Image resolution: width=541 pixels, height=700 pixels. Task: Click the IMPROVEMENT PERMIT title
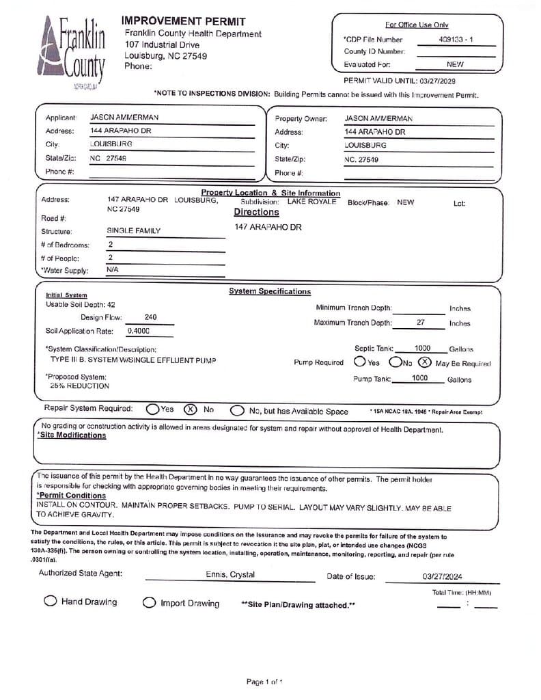[183, 22]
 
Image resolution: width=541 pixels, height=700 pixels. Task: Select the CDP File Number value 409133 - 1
[456, 40]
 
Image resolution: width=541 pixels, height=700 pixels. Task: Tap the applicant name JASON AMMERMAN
[124, 118]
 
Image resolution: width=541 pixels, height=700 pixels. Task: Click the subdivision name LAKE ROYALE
[311, 202]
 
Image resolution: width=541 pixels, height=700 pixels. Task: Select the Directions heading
[256, 212]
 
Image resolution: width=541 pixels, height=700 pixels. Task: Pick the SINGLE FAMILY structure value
[134, 231]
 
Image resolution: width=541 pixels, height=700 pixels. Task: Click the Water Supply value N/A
[113, 270]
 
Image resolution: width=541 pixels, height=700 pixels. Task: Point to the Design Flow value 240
[151, 317]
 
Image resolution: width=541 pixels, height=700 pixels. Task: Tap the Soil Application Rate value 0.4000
[139, 331]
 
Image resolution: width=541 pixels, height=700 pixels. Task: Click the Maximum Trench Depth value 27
[421, 323]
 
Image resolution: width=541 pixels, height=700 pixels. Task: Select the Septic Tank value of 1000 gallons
[422, 349]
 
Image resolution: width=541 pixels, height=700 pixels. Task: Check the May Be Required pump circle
[424, 362]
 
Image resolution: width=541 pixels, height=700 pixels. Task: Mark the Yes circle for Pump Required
[360, 362]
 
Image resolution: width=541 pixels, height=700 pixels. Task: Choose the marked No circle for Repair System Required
[191, 409]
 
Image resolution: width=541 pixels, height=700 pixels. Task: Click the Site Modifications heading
[72, 435]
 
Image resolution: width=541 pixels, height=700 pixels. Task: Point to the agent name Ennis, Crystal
[230, 575]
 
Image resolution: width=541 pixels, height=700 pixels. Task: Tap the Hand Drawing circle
[50, 602]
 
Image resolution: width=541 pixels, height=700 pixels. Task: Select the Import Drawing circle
[149, 603]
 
